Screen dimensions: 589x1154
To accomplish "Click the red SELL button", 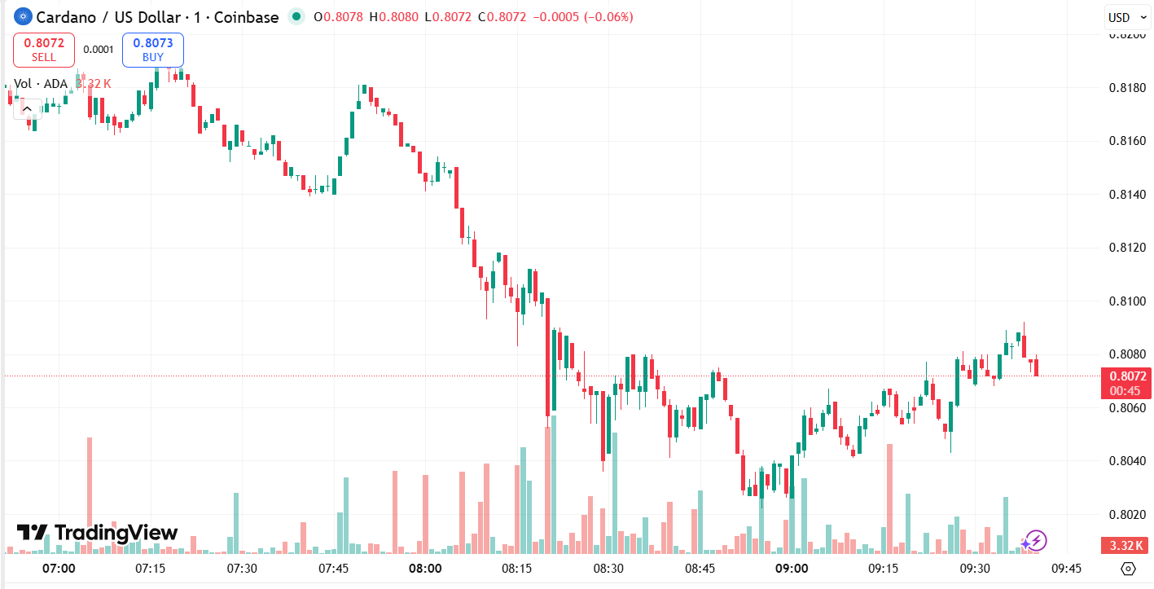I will [x=44, y=50].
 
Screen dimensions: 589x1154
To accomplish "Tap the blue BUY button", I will [x=153, y=50].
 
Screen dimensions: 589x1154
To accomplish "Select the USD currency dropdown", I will [x=1125, y=17].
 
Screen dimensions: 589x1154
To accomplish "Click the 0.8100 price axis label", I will [x=1128, y=301].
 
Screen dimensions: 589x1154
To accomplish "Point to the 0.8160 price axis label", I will [x=1128, y=141].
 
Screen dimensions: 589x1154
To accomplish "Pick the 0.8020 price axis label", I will [x=1128, y=514].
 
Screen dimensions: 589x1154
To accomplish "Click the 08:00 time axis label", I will [x=425, y=568].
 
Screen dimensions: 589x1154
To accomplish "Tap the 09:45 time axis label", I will [x=1066, y=568].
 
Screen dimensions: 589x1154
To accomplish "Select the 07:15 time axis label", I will [x=151, y=568].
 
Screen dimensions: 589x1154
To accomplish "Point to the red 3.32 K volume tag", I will [x=1125, y=545].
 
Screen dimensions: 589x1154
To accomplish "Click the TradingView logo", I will [x=97, y=533].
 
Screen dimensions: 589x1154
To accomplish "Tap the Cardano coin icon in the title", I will [x=23, y=17].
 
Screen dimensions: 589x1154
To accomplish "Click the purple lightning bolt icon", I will [x=1034, y=540].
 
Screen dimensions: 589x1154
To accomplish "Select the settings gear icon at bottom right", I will [x=1128, y=568].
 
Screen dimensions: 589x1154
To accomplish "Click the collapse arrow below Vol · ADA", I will [x=27, y=108].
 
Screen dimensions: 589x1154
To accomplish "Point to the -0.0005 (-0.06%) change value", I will [x=582, y=17].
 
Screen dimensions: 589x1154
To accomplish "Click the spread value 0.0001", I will [x=99, y=50].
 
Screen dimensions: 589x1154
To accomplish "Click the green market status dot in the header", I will [x=296, y=17].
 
